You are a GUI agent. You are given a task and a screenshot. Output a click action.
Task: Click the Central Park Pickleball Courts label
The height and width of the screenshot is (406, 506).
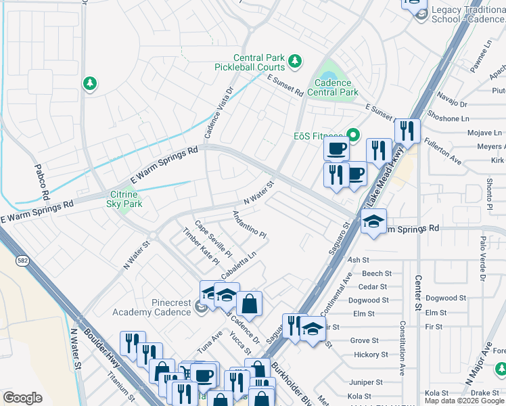[x=250, y=63]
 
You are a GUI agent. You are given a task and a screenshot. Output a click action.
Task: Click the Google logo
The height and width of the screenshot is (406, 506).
[x=22, y=398]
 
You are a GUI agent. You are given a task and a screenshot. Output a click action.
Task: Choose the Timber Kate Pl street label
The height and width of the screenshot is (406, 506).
[x=202, y=246]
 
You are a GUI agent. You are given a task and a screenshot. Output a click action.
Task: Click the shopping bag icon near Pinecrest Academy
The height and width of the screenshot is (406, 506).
[x=249, y=303]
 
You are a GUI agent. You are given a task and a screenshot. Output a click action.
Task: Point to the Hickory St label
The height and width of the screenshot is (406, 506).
[x=366, y=355]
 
